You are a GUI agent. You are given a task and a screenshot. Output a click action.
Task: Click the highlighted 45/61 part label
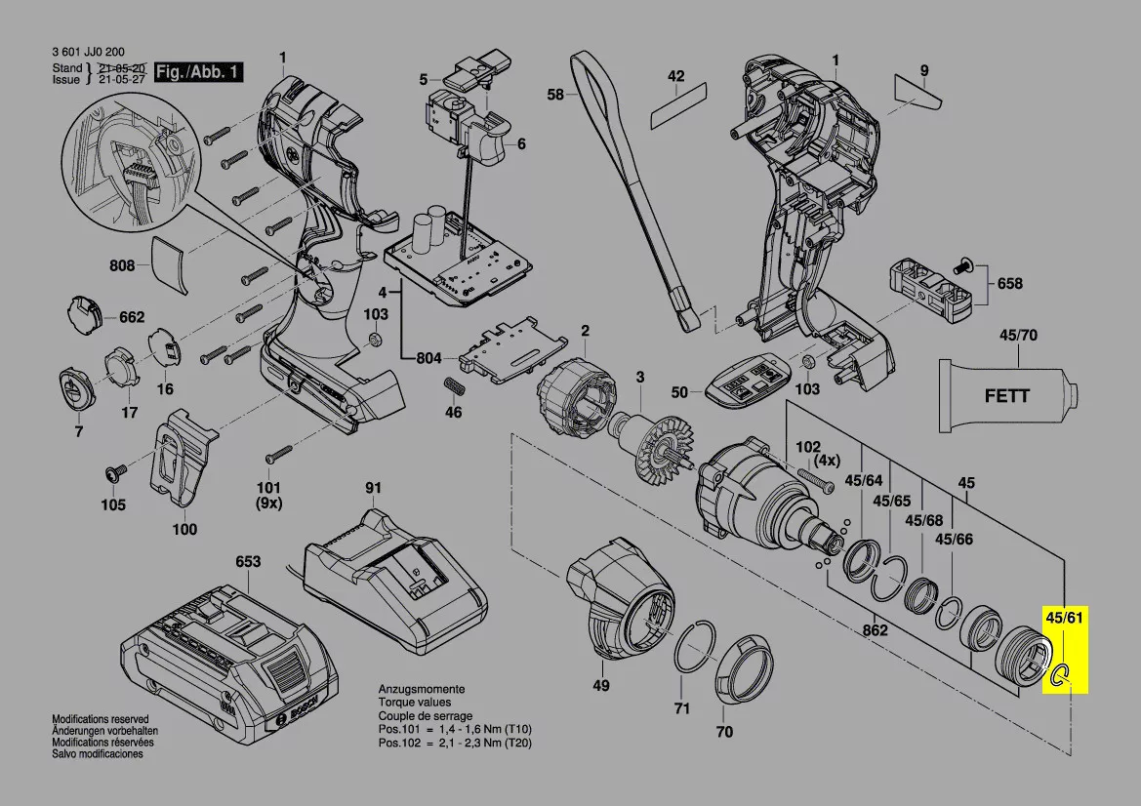pyautogui.click(x=1064, y=619)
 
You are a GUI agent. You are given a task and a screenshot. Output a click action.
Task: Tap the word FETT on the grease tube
pyautogui.click(x=1005, y=397)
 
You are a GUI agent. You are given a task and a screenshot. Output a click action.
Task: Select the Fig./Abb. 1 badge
pyautogui.click(x=200, y=72)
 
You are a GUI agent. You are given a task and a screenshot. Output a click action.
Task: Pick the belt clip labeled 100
pyautogui.click(x=183, y=459)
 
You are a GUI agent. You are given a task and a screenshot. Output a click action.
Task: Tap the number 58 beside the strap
pyautogui.click(x=555, y=95)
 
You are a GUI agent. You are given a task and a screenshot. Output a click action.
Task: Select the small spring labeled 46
pyautogui.click(x=454, y=383)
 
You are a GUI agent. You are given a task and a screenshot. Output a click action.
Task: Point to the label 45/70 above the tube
pyautogui.click(x=1018, y=336)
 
